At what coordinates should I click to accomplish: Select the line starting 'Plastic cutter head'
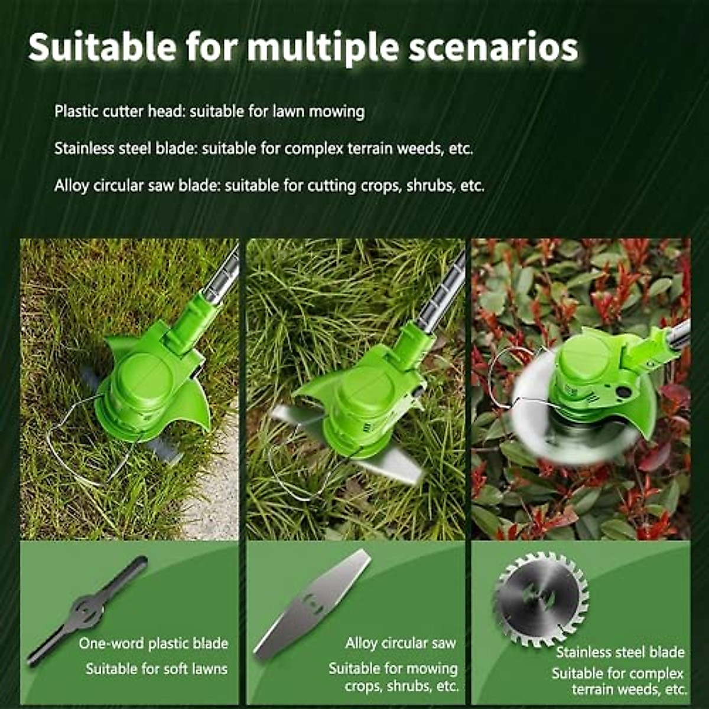(210, 111)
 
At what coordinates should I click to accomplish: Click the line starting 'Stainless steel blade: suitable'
(264, 148)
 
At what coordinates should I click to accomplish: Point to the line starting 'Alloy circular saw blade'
(269, 186)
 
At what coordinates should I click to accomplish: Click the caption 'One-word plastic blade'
(154, 643)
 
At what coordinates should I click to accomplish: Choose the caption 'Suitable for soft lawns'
(157, 669)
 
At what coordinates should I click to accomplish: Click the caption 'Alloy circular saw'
(401, 643)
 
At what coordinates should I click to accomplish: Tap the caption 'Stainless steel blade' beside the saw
(620, 652)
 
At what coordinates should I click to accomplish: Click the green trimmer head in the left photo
(148, 378)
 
